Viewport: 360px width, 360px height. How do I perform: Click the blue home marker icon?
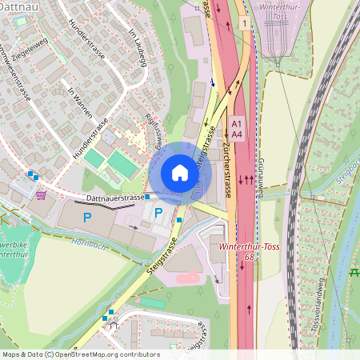pos(180,173)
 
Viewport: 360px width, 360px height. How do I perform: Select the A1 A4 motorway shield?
pos(236,129)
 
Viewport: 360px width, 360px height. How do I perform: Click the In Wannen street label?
pos(78,102)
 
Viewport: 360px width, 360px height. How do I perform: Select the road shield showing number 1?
pos(242,24)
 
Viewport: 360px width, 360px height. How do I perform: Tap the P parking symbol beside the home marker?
pos(158,213)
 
